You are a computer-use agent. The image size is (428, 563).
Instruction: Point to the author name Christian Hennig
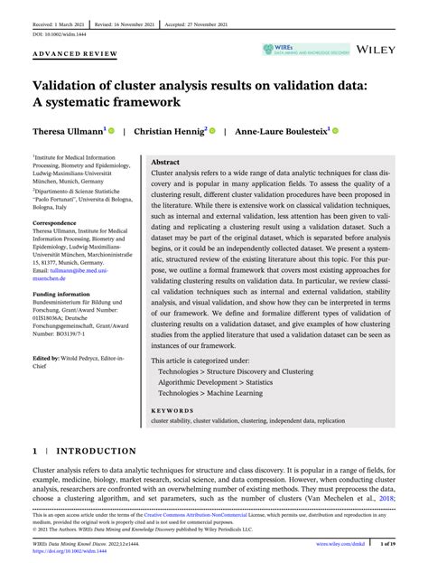(x=171, y=130)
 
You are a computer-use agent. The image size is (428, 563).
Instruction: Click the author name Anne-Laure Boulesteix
(x=281, y=130)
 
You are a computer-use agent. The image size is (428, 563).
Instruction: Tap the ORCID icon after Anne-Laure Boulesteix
(x=336, y=130)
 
